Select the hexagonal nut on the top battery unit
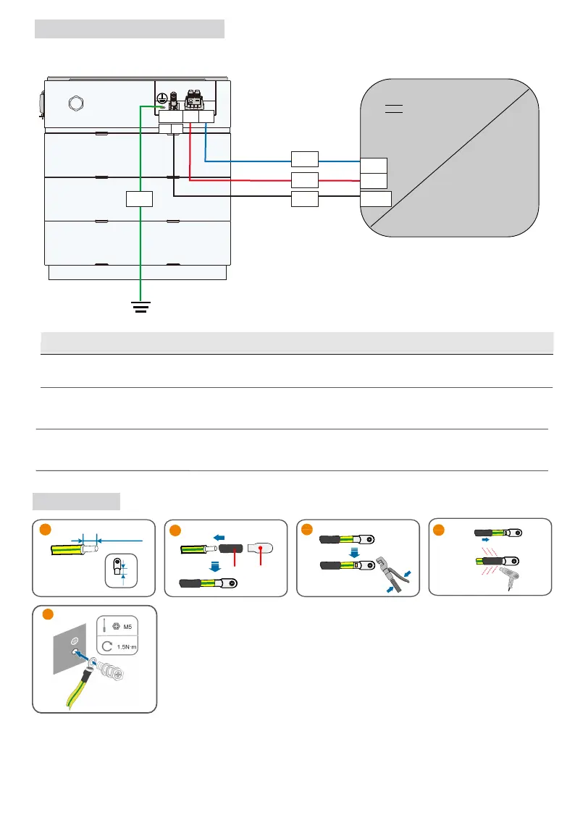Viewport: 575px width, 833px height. coord(72,102)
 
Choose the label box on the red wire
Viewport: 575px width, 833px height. coord(304,179)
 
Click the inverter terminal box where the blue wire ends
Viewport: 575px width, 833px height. coord(374,164)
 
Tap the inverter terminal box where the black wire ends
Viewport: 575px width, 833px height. coord(376,199)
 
